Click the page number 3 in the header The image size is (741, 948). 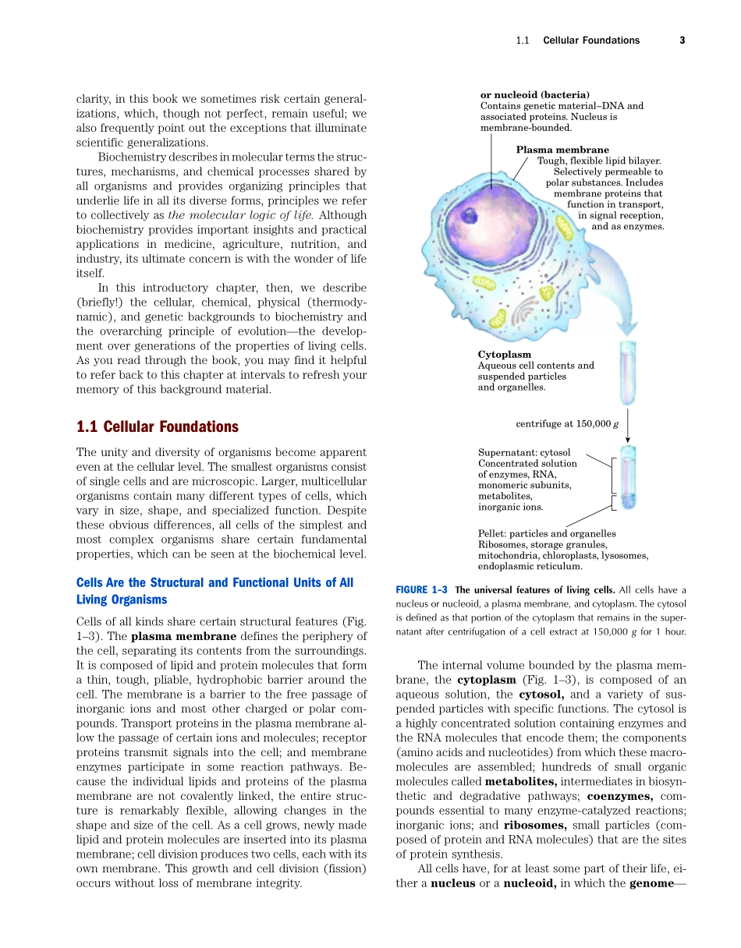click(x=682, y=41)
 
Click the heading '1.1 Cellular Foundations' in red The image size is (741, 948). click(x=157, y=426)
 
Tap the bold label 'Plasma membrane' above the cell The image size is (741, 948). click(x=562, y=150)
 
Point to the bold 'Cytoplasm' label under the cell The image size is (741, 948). click(x=504, y=355)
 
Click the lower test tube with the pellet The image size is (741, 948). click(x=628, y=477)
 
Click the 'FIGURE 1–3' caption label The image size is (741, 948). click(x=422, y=589)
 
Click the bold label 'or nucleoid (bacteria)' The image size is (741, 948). click(x=534, y=95)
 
